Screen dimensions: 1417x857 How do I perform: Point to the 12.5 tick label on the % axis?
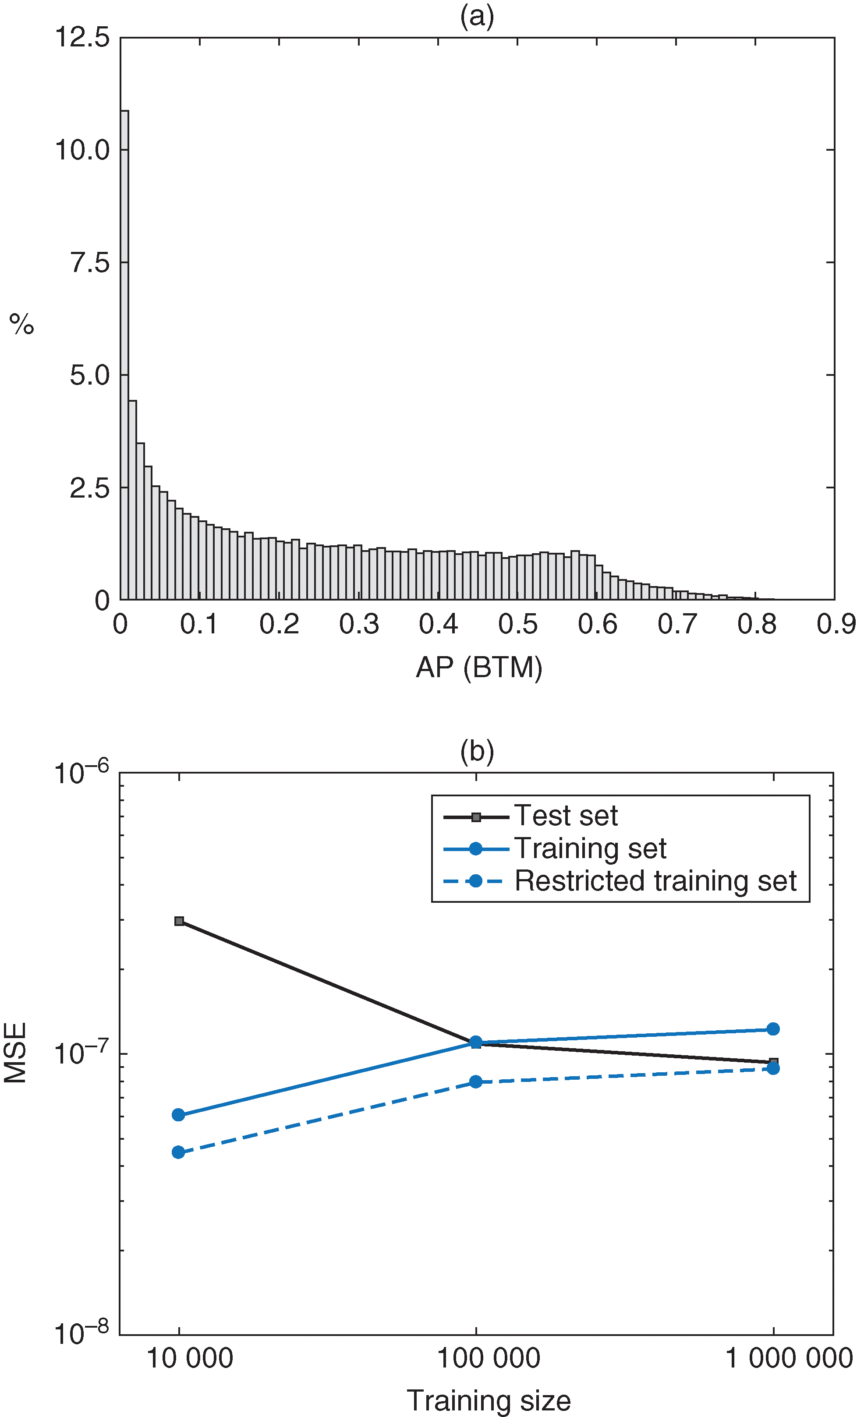(x=82, y=38)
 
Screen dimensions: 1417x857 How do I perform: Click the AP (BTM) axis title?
(x=478, y=668)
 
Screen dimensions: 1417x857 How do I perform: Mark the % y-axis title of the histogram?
(x=22, y=324)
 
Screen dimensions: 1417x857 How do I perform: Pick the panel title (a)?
(x=477, y=16)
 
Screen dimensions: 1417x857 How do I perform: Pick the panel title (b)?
(x=477, y=751)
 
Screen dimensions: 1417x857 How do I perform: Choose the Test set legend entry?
(x=565, y=816)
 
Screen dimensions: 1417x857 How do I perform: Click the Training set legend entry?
(x=590, y=848)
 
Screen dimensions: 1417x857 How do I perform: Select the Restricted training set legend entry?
(x=655, y=881)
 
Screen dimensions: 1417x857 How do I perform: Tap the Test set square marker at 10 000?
(x=179, y=921)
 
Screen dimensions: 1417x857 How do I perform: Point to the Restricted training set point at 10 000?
(x=178, y=1152)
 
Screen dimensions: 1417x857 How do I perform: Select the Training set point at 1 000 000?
(x=773, y=1029)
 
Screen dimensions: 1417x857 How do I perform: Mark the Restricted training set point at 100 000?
(x=476, y=1082)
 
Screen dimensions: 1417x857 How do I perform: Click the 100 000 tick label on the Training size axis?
(x=489, y=1358)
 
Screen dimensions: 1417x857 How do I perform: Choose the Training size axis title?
(x=489, y=1401)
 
